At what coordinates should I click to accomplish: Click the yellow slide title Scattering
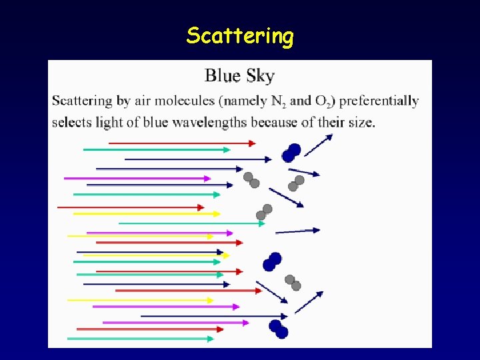pyautogui.click(x=240, y=35)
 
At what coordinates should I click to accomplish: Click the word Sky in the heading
pyautogui.click(x=261, y=76)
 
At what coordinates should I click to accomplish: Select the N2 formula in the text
pyautogui.click(x=279, y=102)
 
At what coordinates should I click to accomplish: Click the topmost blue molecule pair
pyautogui.click(x=291, y=153)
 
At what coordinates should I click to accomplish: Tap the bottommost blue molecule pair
pyautogui.click(x=279, y=329)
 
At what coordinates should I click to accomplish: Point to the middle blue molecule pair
pyautogui.click(x=272, y=261)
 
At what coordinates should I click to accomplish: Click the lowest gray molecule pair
pyautogui.click(x=293, y=283)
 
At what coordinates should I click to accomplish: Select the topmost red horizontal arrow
pyautogui.click(x=181, y=143)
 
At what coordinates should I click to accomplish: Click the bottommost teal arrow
pyautogui.click(x=140, y=339)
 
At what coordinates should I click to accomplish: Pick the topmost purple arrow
pyautogui.click(x=137, y=178)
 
